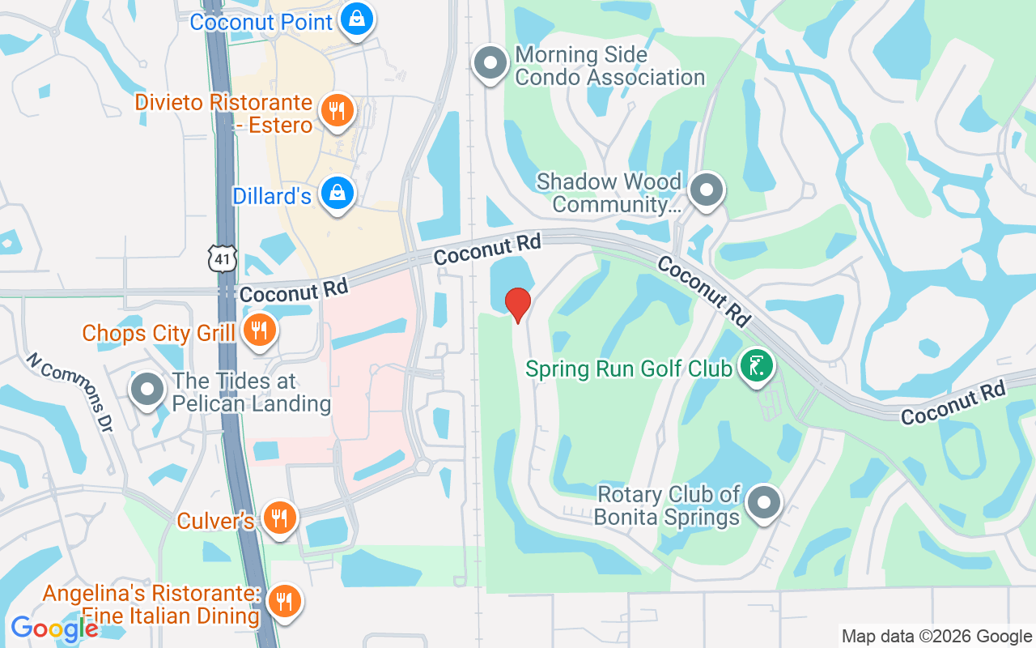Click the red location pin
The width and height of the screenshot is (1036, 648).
point(518,305)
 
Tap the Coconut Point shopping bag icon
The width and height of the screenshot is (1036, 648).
point(355,19)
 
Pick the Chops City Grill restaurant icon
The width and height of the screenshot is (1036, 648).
point(259,330)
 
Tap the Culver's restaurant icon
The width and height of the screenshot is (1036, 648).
point(280,517)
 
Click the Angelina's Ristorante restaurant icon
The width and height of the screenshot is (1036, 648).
point(283,601)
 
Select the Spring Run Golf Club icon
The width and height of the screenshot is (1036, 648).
point(757,367)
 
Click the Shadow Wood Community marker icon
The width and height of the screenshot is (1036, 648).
point(707,190)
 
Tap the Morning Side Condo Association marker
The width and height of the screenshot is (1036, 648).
point(490,63)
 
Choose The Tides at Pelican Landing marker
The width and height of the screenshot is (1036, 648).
point(147,389)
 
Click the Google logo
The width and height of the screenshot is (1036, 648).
point(54,629)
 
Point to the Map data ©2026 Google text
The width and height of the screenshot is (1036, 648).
point(936,637)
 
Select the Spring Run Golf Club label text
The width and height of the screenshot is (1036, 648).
point(629,369)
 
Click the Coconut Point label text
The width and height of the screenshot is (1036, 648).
point(261,21)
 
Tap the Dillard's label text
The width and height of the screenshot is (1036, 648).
point(272,196)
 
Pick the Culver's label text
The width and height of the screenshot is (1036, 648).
point(216,520)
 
